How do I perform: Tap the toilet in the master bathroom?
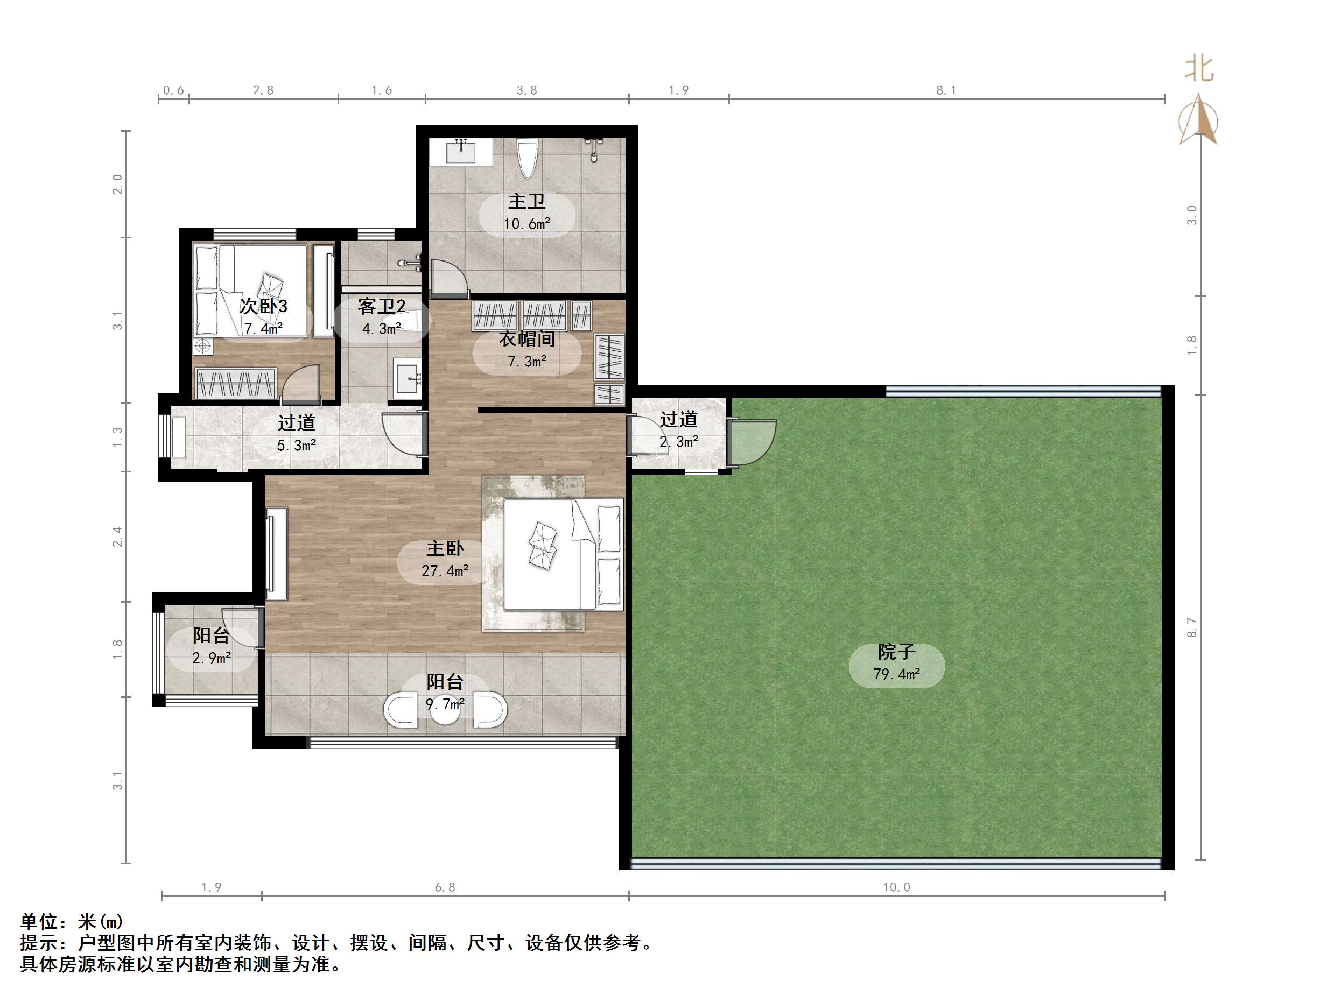coord(528,158)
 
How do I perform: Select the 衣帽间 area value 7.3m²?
coord(526,362)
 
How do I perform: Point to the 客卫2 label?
coord(382,307)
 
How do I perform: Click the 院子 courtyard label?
coord(896,652)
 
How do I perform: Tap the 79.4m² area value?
coord(896,674)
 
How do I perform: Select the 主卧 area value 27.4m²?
coord(445,570)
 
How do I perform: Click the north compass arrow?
coord(1198,120)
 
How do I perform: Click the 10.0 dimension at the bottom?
coord(896,887)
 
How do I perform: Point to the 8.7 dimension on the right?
coord(1191,627)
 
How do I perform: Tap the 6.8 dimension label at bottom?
coord(445,887)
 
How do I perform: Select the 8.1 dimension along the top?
coord(946,90)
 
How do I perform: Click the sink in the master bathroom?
coord(461,152)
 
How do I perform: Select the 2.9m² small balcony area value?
coord(211,658)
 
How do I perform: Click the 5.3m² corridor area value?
coord(297,446)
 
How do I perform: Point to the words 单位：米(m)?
coord(72,921)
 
